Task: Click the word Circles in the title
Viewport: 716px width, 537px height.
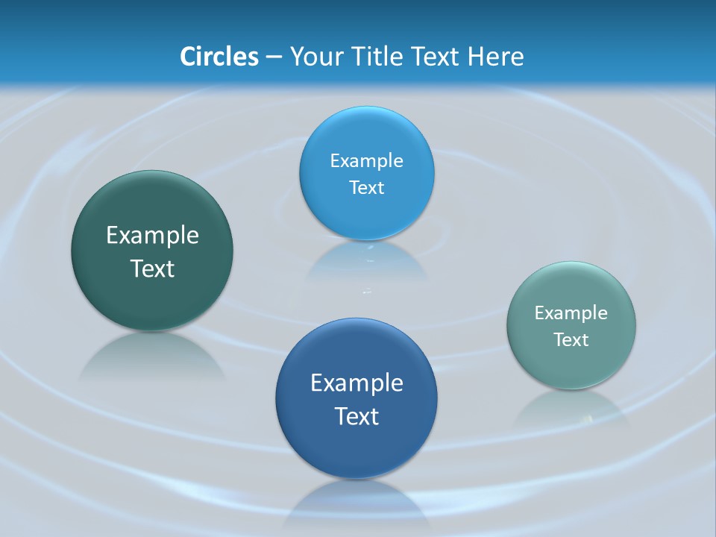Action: (x=219, y=57)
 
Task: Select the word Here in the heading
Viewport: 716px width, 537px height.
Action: (x=495, y=57)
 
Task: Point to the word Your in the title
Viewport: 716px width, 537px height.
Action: (x=316, y=57)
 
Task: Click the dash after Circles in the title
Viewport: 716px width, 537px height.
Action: (x=274, y=57)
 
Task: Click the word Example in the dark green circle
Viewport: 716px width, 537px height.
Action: (x=152, y=236)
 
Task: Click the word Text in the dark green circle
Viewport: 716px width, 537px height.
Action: (x=152, y=268)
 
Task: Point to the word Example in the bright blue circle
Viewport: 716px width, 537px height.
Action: (x=366, y=161)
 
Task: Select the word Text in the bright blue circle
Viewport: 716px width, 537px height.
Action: (x=366, y=188)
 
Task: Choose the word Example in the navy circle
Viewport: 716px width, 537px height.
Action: (x=357, y=383)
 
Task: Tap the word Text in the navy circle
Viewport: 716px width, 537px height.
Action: (x=357, y=416)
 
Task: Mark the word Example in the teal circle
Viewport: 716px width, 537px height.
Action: (x=571, y=313)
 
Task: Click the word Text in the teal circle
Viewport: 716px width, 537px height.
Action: (x=571, y=340)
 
